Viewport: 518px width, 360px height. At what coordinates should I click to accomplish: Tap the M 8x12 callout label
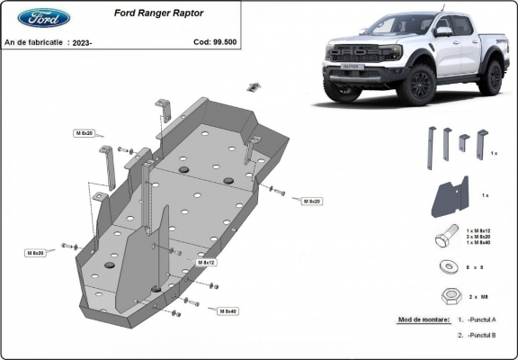click(204, 263)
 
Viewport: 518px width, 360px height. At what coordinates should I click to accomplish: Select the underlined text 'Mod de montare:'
click(421, 320)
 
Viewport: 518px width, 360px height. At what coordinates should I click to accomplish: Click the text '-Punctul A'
click(482, 320)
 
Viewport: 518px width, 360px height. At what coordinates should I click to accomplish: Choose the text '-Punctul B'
click(482, 335)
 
